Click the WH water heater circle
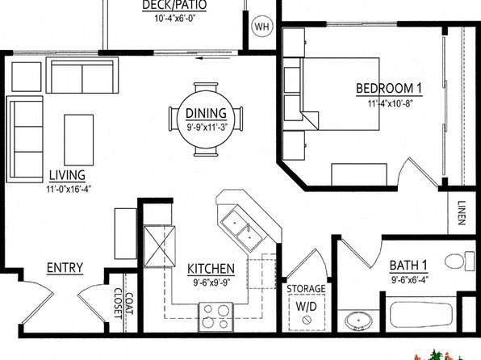(x=262, y=27)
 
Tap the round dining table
(x=206, y=119)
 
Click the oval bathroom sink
(x=358, y=321)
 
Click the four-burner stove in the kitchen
(x=215, y=316)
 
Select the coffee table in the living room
(x=79, y=140)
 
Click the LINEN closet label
(x=462, y=213)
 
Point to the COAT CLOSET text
(x=123, y=303)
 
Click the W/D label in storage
(x=306, y=306)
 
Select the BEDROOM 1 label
(x=389, y=89)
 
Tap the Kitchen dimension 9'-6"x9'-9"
(x=211, y=282)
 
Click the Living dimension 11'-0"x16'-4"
(x=69, y=189)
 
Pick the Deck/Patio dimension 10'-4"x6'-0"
(x=175, y=18)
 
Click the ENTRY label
(x=65, y=268)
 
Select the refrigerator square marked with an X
(x=160, y=246)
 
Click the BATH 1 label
(x=408, y=266)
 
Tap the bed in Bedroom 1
(x=341, y=94)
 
